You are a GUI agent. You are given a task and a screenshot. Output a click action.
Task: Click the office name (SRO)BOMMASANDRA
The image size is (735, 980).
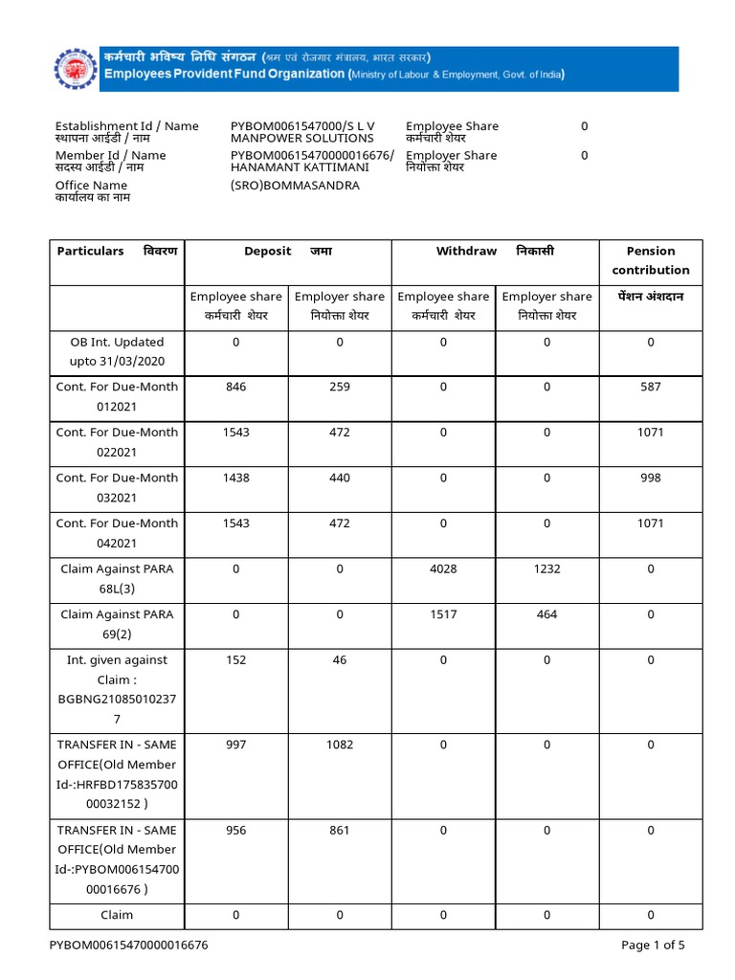[x=295, y=186]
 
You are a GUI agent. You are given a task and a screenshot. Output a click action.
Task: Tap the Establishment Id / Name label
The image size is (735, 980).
[x=126, y=126]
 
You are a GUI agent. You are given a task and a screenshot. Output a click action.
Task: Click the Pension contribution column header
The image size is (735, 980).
[x=650, y=260]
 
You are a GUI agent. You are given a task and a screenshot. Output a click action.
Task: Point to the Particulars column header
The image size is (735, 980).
[x=91, y=251]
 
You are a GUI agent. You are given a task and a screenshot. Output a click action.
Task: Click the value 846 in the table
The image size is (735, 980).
[x=235, y=387]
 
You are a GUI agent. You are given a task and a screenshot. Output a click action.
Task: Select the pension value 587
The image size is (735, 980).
[x=650, y=387]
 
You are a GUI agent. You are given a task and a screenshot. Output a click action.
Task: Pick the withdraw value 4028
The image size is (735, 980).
[x=443, y=568]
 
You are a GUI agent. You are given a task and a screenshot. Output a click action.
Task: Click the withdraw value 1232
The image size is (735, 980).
[x=546, y=568]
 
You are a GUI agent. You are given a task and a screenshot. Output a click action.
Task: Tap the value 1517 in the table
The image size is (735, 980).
[x=443, y=614]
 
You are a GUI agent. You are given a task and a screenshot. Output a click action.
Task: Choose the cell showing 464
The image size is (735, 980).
[x=546, y=614]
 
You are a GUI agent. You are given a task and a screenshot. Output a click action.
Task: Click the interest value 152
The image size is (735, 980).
[x=235, y=659]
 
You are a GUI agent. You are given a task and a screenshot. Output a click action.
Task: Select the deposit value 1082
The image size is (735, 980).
[x=340, y=745]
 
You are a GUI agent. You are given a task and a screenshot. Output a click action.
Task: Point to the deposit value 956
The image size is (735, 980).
[x=235, y=830]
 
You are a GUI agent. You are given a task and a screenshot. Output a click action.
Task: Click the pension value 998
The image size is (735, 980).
[x=650, y=478]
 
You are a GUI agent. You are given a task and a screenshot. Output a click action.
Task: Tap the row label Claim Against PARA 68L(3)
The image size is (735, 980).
[x=117, y=578]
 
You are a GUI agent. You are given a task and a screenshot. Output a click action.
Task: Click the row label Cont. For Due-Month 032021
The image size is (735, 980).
[x=117, y=487]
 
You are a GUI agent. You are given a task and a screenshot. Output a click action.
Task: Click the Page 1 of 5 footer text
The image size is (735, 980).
[x=653, y=946]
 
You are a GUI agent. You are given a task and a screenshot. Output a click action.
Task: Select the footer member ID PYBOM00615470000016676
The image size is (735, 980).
[x=129, y=946]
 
